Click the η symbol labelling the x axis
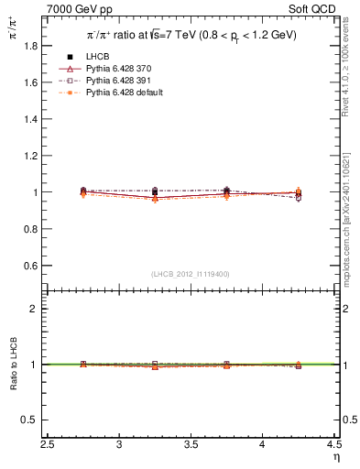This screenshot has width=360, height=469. [x=336, y=459]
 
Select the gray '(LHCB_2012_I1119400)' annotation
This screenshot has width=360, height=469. [x=191, y=274]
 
